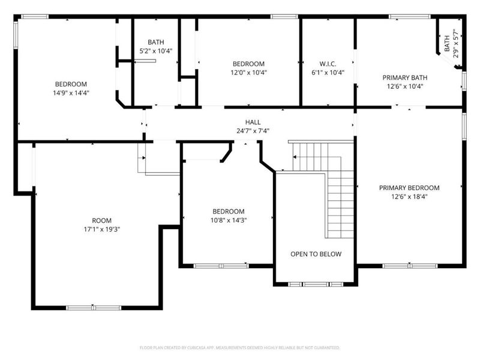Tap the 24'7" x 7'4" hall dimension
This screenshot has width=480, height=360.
(253, 130)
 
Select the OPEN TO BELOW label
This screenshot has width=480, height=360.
(316, 254)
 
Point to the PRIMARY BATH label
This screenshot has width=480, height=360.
(409, 77)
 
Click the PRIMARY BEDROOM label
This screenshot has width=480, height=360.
(409, 187)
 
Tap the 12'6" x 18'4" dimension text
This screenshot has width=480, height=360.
(409, 196)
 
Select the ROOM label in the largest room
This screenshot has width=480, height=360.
(102, 220)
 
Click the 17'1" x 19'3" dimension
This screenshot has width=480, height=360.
(102, 229)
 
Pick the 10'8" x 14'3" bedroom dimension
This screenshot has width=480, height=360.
(228, 220)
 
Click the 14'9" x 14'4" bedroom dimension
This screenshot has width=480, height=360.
(71, 92)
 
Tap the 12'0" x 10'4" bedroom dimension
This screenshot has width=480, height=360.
(248, 72)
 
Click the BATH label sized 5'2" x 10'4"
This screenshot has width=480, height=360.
(156, 42)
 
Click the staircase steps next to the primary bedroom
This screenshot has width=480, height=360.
(339, 204)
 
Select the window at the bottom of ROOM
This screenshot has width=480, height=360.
(94, 308)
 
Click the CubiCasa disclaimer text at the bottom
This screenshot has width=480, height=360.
(240, 347)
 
